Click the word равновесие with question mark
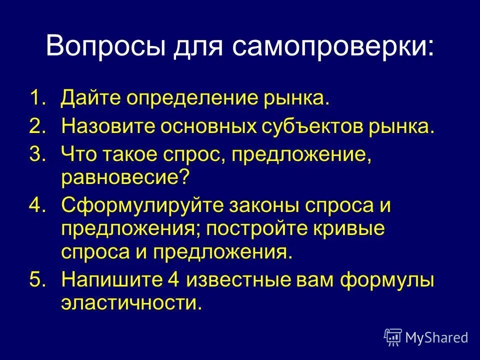125,178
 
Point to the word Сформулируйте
132,206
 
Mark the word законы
241,206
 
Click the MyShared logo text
436,337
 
